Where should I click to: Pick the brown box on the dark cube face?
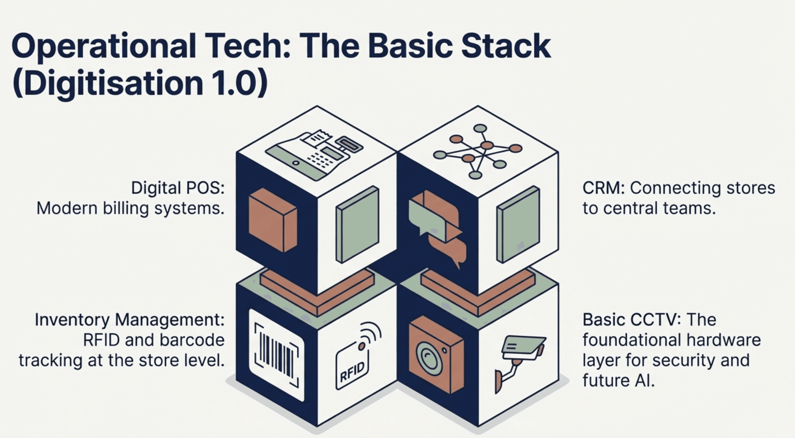[x=272, y=219]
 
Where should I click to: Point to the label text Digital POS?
[x=177, y=188]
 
